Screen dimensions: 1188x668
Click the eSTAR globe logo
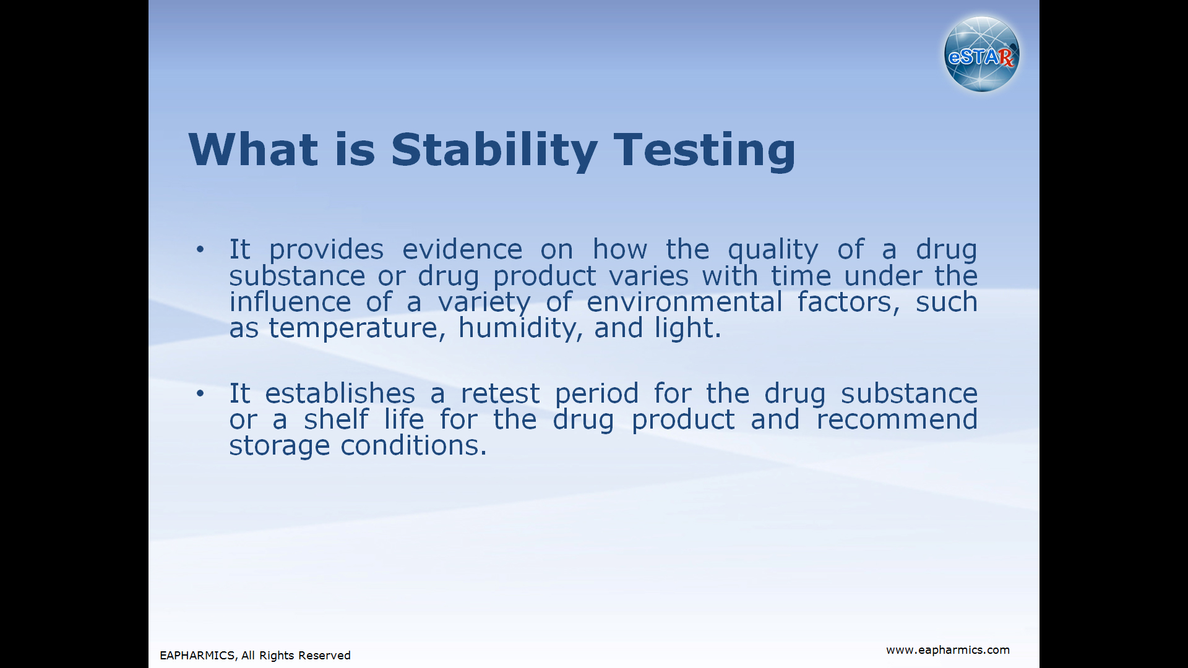coord(982,54)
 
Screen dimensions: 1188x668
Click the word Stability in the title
coord(494,150)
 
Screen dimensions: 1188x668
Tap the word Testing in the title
coord(705,150)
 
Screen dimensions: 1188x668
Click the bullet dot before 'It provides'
coord(200,250)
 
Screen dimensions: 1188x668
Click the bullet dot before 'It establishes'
coord(200,393)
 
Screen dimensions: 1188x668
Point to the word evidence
coord(462,249)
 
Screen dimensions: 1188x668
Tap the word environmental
coord(684,302)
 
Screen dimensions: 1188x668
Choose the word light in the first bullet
coord(688,328)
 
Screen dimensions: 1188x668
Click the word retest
coord(500,394)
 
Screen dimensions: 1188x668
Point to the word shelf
coord(336,419)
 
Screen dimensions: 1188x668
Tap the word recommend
coord(897,419)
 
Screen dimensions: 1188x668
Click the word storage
coord(279,447)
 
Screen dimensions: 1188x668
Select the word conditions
coord(413,445)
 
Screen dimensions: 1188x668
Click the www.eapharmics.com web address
coord(947,650)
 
